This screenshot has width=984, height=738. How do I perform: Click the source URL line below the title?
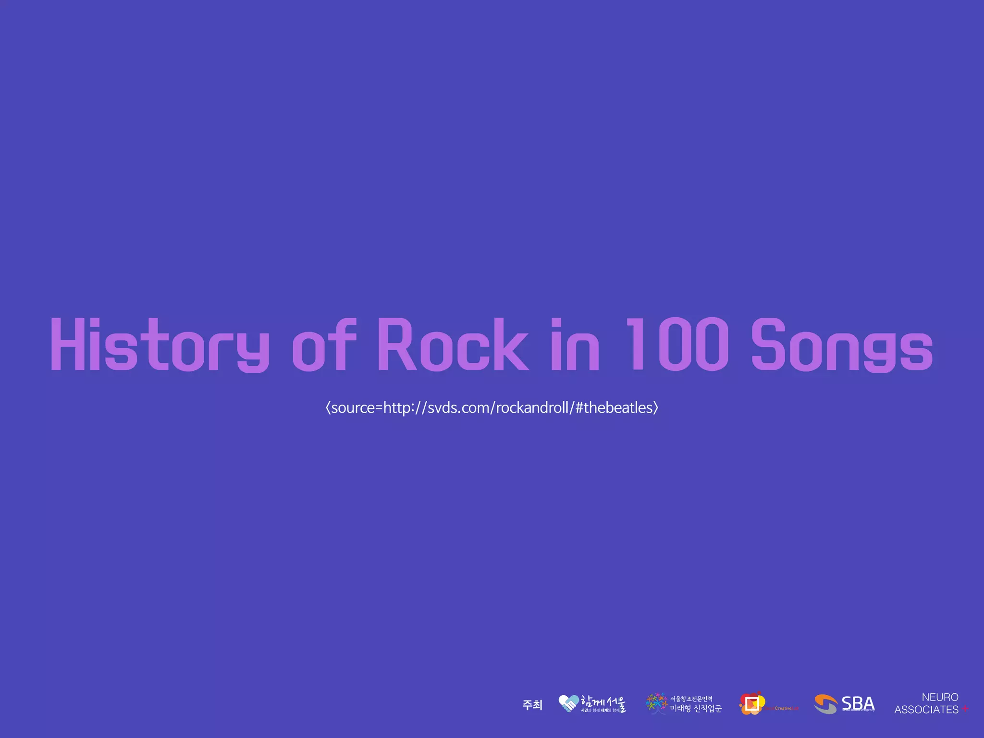point(492,407)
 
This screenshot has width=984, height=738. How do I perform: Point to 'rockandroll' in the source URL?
point(532,407)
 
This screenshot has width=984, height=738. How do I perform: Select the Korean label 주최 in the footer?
point(532,705)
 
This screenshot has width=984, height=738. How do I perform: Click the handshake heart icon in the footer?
point(568,704)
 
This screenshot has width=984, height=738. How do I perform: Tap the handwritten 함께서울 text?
point(603,702)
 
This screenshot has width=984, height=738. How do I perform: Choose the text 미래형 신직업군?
point(696,709)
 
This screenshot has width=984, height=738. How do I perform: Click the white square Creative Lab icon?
point(752,704)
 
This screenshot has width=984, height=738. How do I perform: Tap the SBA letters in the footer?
point(858,703)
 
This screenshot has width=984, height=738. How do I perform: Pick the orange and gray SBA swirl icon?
point(826,704)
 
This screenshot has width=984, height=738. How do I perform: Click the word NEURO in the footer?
point(940,697)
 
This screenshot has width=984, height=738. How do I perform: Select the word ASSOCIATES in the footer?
point(926,710)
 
